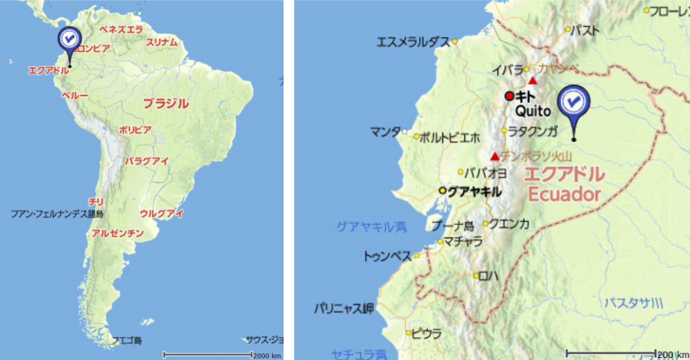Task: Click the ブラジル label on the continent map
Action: tap(165, 103)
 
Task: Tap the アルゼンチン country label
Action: tap(117, 234)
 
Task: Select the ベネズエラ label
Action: tap(121, 29)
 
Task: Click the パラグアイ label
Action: tap(146, 161)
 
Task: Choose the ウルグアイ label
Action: tap(162, 213)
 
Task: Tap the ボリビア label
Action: tap(135, 130)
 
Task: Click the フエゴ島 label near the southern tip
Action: tap(127, 340)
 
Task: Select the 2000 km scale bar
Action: tap(207, 354)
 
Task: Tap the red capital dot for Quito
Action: tap(509, 96)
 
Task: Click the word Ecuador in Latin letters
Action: tap(564, 194)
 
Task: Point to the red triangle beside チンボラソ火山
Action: tap(494, 156)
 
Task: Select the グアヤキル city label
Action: tap(473, 191)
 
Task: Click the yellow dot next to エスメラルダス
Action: tap(455, 42)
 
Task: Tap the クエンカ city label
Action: tap(510, 224)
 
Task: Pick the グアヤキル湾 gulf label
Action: tap(371, 228)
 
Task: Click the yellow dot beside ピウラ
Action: tap(408, 333)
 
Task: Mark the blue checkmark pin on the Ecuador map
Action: tap(573, 104)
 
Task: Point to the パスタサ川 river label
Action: tap(633, 301)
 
